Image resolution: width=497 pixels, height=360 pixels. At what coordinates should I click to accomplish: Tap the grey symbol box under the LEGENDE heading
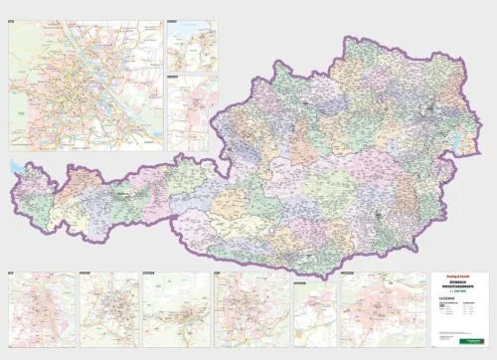coord(443,309)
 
